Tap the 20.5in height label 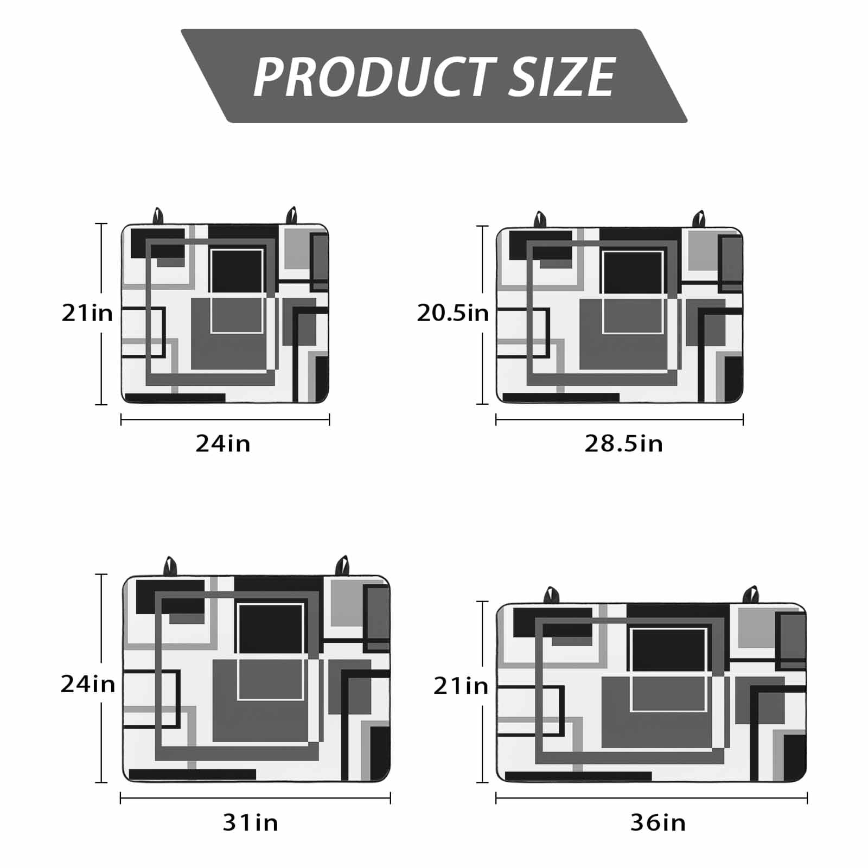click(x=452, y=313)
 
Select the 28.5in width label click(x=623, y=444)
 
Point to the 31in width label click(x=251, y=823)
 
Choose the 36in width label click(x=658, y=823)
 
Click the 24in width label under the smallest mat click(x=223, y=444)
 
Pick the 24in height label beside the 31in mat click(x=88, y=684)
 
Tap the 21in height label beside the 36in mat click(x=461, y=686)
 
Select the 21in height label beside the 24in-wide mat click(x=87, y=313)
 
